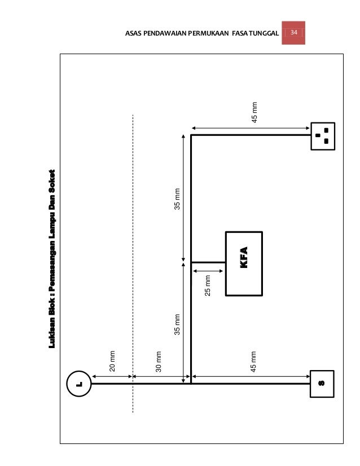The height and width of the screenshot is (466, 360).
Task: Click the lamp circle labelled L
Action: click(79, 371)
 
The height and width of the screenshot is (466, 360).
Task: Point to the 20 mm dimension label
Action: click(112, 361)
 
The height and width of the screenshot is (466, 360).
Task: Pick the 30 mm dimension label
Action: click(159, 362)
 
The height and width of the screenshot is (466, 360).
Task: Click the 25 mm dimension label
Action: click(208, 285)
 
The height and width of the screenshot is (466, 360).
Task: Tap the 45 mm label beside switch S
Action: click(253, 362)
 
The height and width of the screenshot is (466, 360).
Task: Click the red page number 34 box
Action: click(293, 33)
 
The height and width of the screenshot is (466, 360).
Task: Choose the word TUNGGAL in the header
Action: click(264, 33)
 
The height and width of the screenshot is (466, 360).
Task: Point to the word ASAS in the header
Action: click(133, 33)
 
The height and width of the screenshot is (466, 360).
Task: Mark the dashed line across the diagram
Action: click(133, 263)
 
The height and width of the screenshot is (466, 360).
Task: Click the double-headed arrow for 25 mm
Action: click(208, 271)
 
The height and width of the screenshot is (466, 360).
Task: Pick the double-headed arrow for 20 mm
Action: click(112, 376)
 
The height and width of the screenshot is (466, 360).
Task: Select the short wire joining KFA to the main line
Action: click(208, 262)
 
